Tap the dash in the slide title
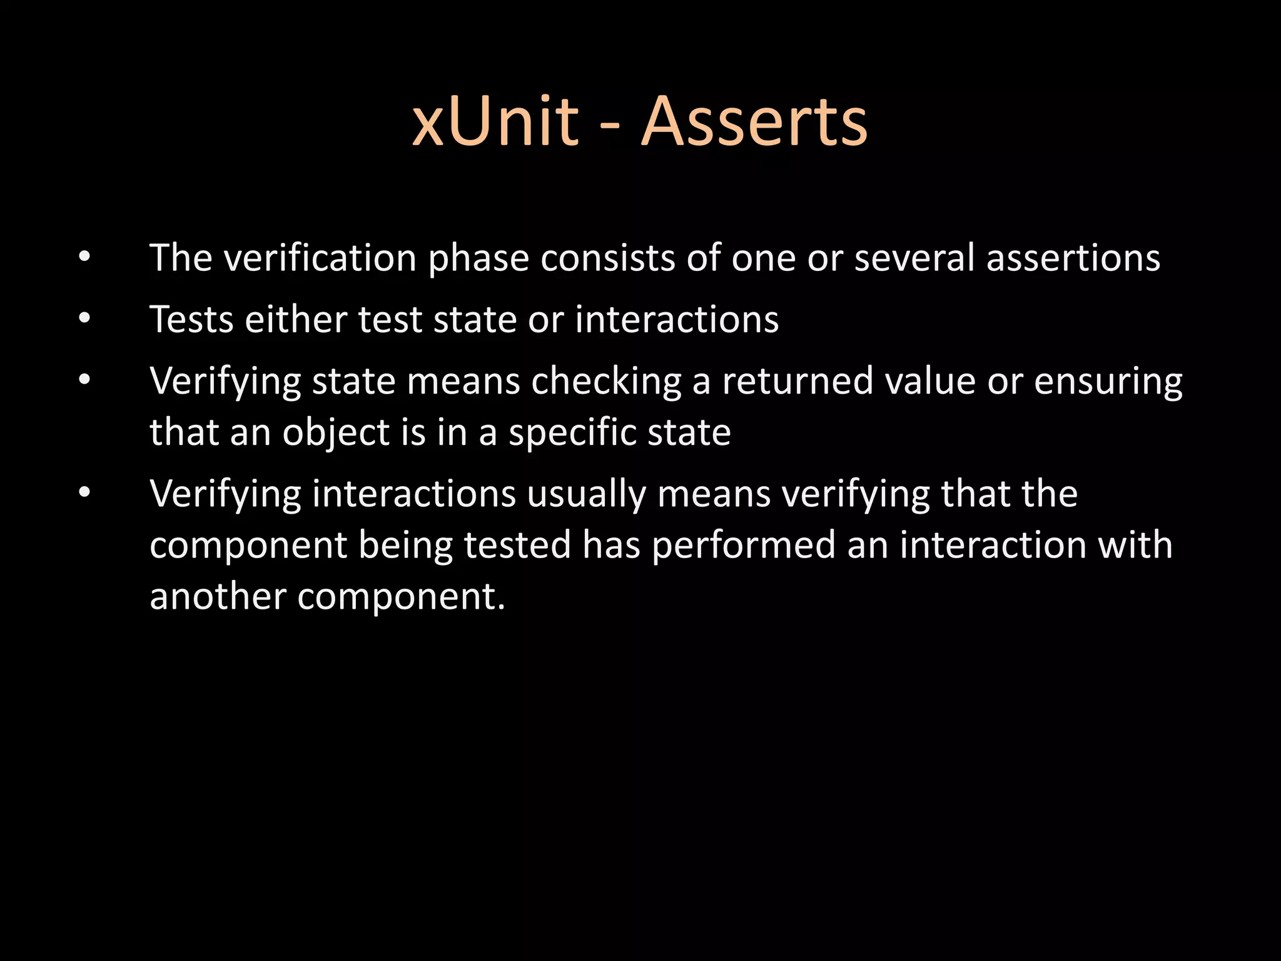(x=610, y=125)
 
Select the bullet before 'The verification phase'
(x=85, y=257)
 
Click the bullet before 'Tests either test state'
(x=85, y=319)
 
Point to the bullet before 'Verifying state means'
(x=85, y=380)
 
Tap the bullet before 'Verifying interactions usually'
(x=85, y=494)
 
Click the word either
(x=296, y=319)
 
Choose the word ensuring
(x=1108, y=382)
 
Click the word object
(x=337, y=433)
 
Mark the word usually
(x=586, y=495)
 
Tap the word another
(x=218, y=596)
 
